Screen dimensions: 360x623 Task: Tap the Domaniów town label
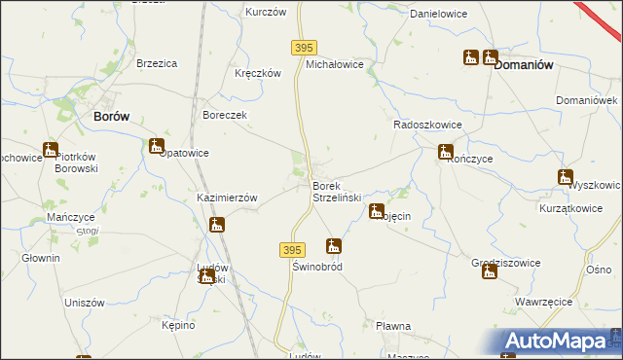[x=524, y=65]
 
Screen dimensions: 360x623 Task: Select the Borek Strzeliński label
[x=337, y=192]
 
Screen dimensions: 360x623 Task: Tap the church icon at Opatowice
[x=157, y=146]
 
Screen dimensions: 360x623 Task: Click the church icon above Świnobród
[x=334, y=246]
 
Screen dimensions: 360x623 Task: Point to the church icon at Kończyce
[x=445, y=151]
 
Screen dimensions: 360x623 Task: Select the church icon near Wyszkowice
[x=565, y=177]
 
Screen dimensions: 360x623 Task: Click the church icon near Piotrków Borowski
[x=50, y=150]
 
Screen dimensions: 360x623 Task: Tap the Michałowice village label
[x=335, y=64]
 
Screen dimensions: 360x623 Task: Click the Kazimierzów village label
[x=227, y=198]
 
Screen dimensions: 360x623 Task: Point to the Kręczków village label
[x=258, y=73]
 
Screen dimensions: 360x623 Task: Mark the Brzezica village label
[x=157, y=63]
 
